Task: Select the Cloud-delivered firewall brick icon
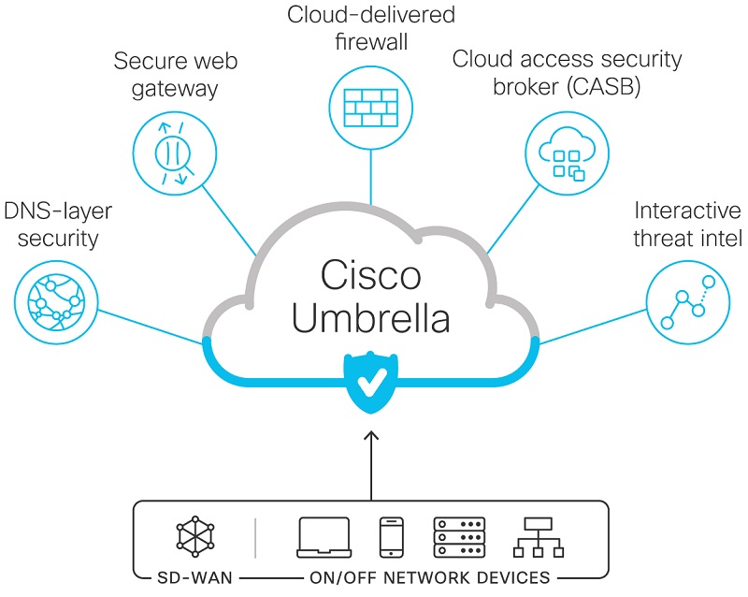pos(371,106)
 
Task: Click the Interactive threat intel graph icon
pos(687,300)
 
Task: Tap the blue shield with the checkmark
pos(372,383)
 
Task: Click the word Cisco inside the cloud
pos(371,277)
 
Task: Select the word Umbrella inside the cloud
pos(371,319)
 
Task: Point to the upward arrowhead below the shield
pos(372,436)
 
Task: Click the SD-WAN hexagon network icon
pos(195,537)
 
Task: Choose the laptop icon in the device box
pos(324,537)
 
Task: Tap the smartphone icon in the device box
pos(391,537)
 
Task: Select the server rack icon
pos(459,537)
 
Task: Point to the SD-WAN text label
pos(195,576)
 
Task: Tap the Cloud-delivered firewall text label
pos(371,28)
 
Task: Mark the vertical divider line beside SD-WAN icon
pos(255,537)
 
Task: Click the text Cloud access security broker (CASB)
pos(567,73)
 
